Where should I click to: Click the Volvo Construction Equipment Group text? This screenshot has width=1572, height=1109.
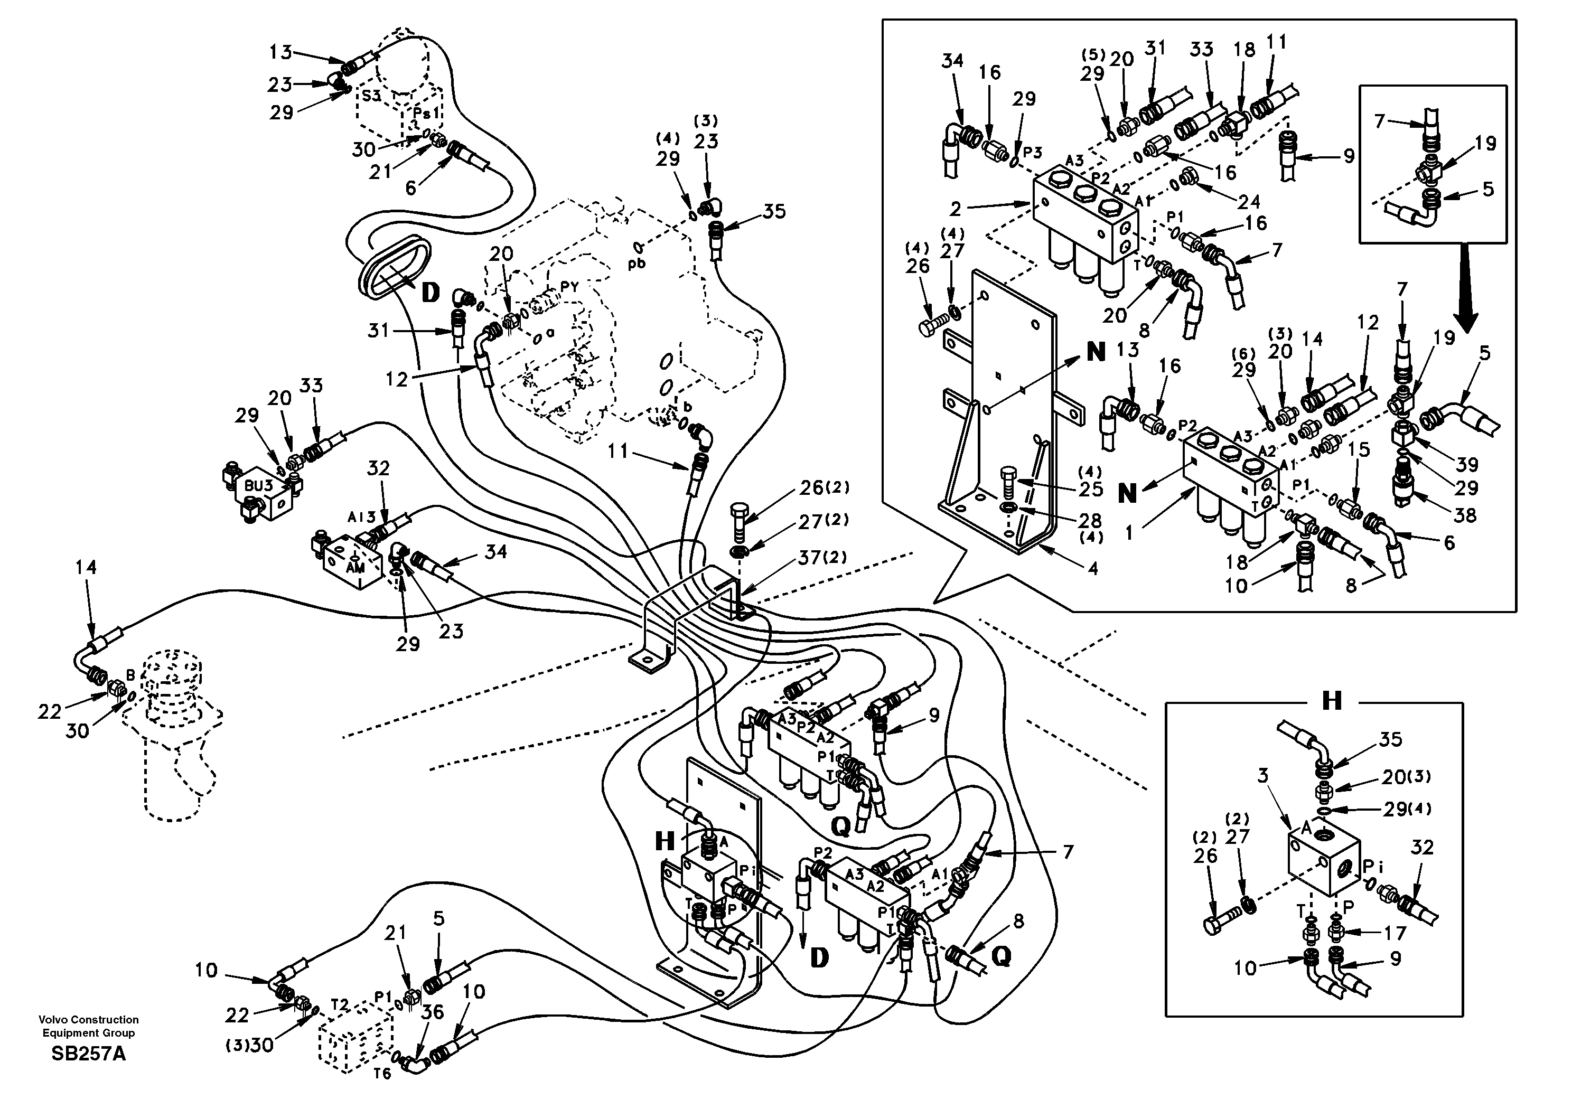(88, 1026)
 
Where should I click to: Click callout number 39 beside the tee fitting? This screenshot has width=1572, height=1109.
(1466, 465)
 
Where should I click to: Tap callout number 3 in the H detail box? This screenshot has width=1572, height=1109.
(1262, 776)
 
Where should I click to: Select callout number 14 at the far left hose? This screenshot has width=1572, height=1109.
(86, 568)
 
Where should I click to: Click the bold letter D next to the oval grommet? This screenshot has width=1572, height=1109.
(430, 293)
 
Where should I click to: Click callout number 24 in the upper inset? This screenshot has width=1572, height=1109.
(1249, 201)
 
